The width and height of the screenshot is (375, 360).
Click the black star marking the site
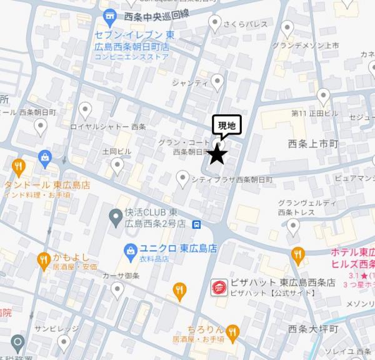pyautogui.click(x=217, y=153)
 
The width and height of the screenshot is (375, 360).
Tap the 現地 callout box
pyautogui.click(x=226, y=126)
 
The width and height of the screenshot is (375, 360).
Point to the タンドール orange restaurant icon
pyautogui.click(x=18, y=167)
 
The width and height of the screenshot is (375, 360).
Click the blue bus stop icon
pyautogui.click(x=197, y=224)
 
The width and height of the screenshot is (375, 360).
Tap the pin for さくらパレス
pyautogui.click(x=216, y=24)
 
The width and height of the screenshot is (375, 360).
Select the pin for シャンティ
pyautogui.click(x=217, y=81)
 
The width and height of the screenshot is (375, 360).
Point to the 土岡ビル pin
pyautogui.click(x=116, y=166)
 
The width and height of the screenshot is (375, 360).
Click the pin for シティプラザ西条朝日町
pyautogui.click(x=182, y=179)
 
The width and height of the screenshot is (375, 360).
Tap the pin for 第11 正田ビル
pyautogui.click(x=323, y=96)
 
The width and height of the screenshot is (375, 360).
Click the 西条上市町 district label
pyautogui.click(x=312, y=144)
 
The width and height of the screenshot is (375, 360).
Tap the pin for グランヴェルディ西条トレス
pyautogui.click(x=293, y=227)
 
